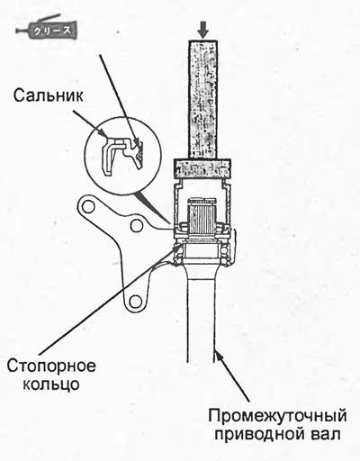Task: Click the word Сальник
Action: (48, 95)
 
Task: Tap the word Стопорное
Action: (51, 366)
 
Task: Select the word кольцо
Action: (51, 384)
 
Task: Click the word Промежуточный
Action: (277, 417)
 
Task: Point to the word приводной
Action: (258, 435)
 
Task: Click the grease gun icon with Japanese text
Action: (47, 28)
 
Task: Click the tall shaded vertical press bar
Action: (202, 100)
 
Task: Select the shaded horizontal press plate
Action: (203, 169)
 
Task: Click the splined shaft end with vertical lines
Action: (202, 216)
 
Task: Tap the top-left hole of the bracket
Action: (87, 207)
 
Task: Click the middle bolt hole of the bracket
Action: (137, 225)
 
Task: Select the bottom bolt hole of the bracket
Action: (135, 301)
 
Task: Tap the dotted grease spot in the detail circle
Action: (139, 150)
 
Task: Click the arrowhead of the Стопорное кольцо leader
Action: (177, 248)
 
